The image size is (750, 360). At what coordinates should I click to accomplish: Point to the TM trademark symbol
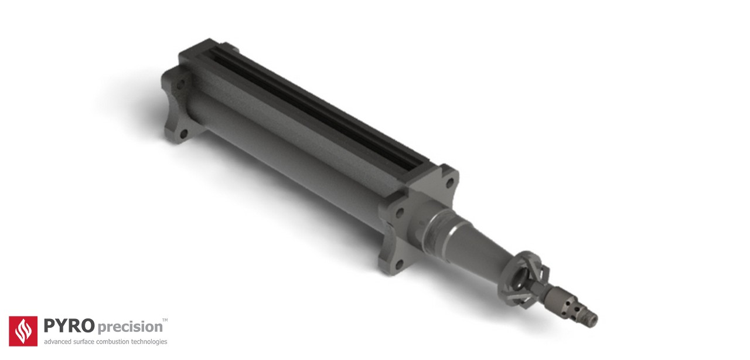click(x=165, y=320)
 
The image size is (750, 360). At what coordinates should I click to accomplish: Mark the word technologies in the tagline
click(x=150, y=342)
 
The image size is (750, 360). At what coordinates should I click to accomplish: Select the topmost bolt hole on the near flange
click(x=449, y=182)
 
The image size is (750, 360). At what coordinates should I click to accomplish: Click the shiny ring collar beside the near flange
click(x=437, y=223)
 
